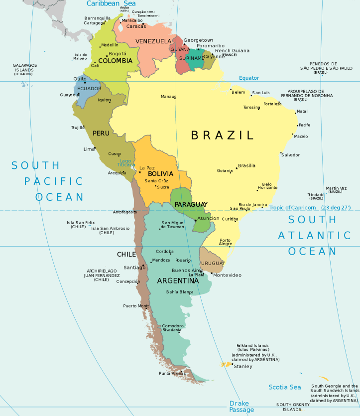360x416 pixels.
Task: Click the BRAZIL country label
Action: pyautogui.click(x=223, y=135)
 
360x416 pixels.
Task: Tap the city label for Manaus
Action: pyautogui.click(x=168, y=96)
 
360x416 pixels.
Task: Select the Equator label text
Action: pyautogui.click(x=249, y=78)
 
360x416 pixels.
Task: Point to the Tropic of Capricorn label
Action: pyautogui.click(x=293, y=207)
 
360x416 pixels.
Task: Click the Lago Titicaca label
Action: pyautogui.click(x=126, y=162)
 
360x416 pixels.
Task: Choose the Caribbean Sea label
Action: pyautogui.click(x=111, y=3)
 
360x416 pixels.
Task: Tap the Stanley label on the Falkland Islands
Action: pyautogui.click(x=243, y=366)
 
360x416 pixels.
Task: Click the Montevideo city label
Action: pyautogui.click(x=227, y=275)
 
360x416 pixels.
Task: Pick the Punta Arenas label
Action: pyautogui.click(x=172, y=373)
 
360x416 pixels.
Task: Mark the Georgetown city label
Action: pyautogui.click(x=198, y=40)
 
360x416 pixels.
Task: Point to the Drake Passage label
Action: pyautogui.click(x=241, y=406)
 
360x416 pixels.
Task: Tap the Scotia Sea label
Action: pyautogui.click(x=285, y=387)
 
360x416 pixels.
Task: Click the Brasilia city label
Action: pyautogui.click(x=246, y=165)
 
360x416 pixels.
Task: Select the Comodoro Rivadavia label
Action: pyautogui.click(x=172, y=328)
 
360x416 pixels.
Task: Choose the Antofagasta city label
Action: pyautogui.click(x=125, y=212)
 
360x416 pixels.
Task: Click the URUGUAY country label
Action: pyautogui.click(x=213, y=263)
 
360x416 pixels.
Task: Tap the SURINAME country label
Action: pyautogui.click(x=192, y=58)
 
